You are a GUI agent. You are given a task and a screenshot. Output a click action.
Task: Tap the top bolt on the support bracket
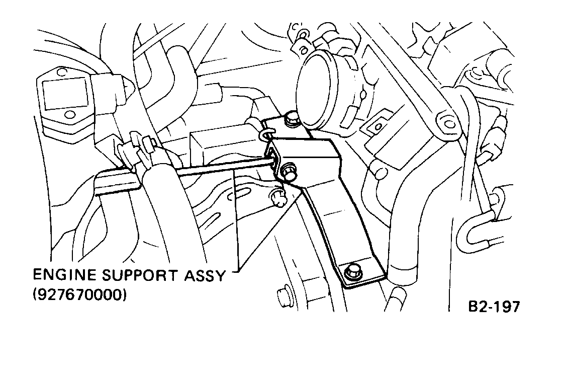pos(291,120)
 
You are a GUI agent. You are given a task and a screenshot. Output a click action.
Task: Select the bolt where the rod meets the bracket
pos(288,171)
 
